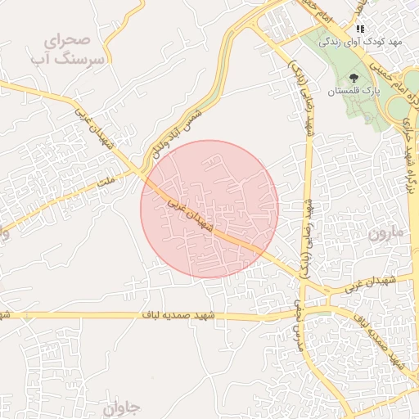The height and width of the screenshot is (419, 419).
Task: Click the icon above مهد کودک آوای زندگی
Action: (360, 28)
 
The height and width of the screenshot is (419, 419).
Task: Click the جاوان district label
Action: (123, 407)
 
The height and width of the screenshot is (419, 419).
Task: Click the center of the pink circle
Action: (209, 209)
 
